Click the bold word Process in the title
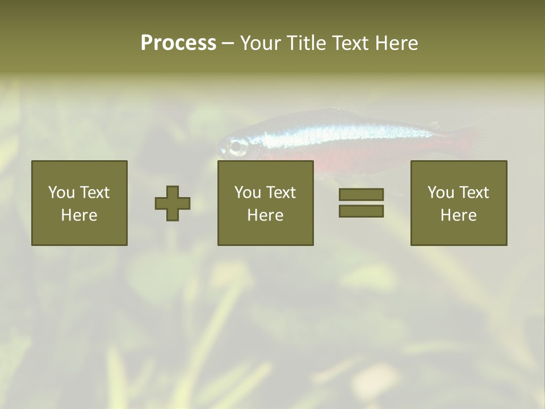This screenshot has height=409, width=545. coord(178,43)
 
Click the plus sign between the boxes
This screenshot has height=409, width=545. coord(173,203)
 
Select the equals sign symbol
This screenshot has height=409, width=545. coord(361,203)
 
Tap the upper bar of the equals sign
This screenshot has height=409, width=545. coord(361,194)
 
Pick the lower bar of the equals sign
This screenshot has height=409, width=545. coord(361,211)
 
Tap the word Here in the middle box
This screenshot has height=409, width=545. coord(265,215)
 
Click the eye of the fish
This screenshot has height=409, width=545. coord(237,147)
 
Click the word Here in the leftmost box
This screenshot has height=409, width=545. coord(79,215)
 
